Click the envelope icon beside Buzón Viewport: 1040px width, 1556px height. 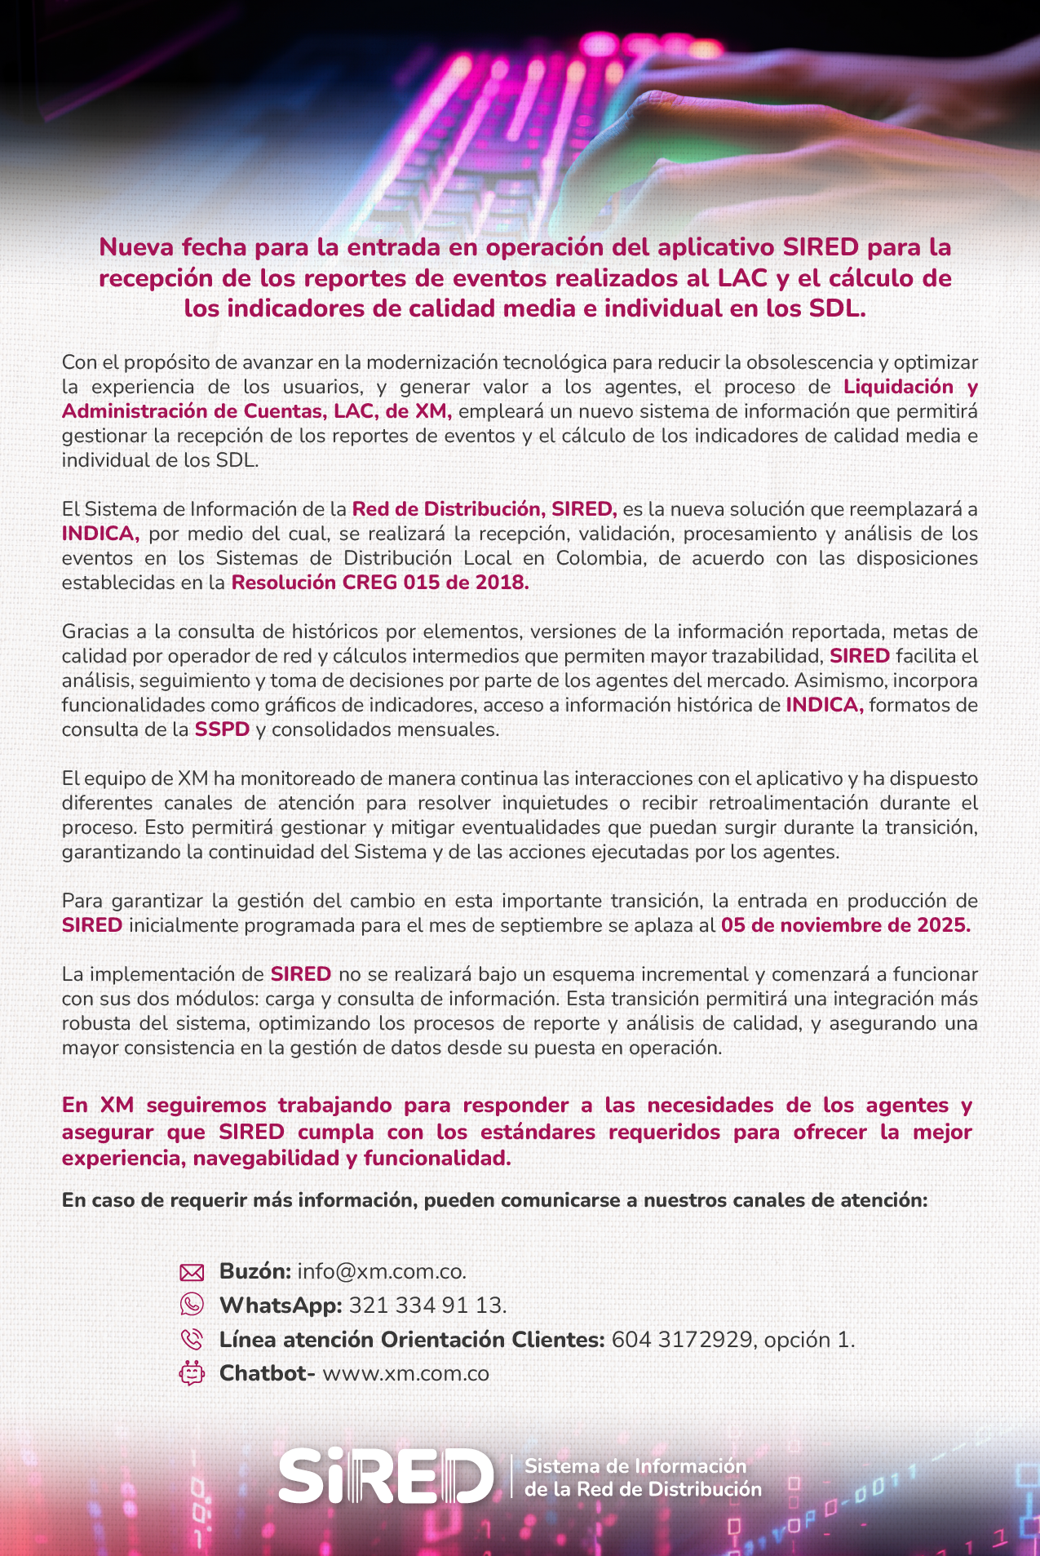click(x=191, y=1271)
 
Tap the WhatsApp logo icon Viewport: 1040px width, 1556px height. click(x=191, y=1305)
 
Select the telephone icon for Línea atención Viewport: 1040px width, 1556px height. click(x=191, y=1339)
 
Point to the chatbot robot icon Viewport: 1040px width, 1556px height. click(x=191, y=1373)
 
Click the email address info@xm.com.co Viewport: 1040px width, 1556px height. click(x=381, y=1271)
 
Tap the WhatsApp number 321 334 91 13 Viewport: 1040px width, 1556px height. click(x=427, y=1306)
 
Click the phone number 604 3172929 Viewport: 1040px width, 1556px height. click(x=681, y=1340)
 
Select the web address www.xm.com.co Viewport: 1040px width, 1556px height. click(x=405, y=1374)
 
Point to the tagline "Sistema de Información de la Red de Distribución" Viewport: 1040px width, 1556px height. click(x=642, y=1477)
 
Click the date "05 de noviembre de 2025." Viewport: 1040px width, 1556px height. click(x=845, y=925)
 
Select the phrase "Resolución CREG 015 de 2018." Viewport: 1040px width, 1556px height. click(x=380, y=583)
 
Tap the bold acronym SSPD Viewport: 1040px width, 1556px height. click(x=222, y=729)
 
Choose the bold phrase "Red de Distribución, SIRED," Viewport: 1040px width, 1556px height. click(x=484, y=509)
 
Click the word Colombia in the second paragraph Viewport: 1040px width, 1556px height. click(x=600, y=558)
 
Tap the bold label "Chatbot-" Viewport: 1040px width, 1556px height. click(x=267, y=1374)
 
